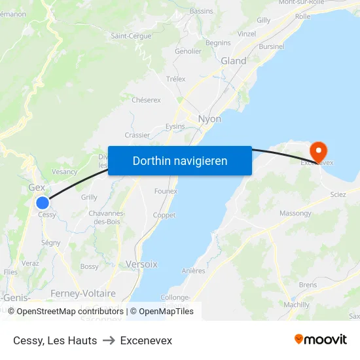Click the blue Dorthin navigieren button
(180, 160)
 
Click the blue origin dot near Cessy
(43, 203)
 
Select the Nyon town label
(209, 119)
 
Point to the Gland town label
(234, 61)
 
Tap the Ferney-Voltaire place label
(83, 293)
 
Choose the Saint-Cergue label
(131, 36)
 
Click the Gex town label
(37, 187)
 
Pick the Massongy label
(296, 213)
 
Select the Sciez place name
(338, 194)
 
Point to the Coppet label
(164, 215)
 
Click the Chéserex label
(146, 100)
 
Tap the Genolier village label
(189, 51)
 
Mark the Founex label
(166, 191)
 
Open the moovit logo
(320, 340)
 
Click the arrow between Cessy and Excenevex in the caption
(109, 340)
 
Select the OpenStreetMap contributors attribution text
(70, 312)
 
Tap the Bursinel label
(272, 46)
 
